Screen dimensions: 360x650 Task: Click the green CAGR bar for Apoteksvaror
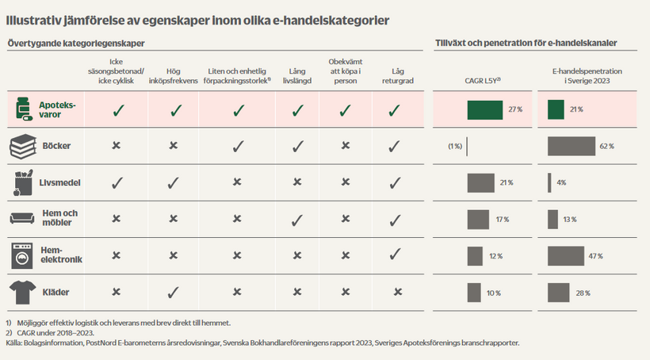[484, 109]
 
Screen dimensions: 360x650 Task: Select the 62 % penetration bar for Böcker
[572, 147]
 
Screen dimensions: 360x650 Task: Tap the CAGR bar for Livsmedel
[480, 183]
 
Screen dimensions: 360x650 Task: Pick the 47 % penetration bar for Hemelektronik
[566, 256]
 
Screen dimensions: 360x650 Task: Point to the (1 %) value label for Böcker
[454, 147]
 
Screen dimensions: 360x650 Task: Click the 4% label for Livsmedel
[561, 183]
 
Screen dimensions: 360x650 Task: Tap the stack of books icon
[21, 147]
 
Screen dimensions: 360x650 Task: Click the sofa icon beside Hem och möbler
[21, 219]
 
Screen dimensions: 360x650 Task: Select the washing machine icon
[21, 255]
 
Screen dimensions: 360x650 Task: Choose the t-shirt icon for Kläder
[21, 293]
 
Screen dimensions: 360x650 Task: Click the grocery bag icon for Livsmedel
[21, 182]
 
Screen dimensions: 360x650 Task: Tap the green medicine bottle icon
[21, 110]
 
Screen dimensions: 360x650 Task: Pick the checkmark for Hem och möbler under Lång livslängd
[297, 220]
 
